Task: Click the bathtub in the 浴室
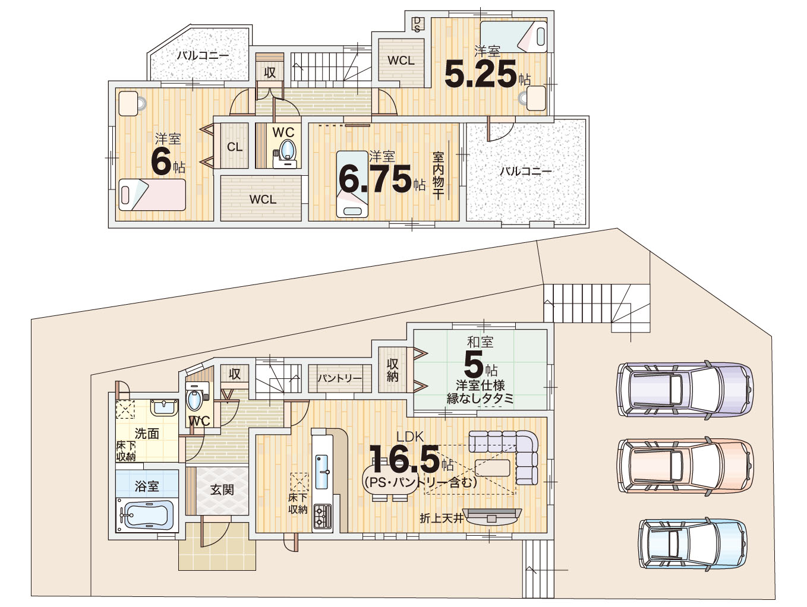[x=147, y=516]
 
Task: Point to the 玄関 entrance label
[x=222, y=490]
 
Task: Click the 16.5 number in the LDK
[x=404, y=459]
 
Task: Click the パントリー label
[x=340, y=378]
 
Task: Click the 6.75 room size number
[x=374, y=180]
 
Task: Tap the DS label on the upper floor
[x=417, y=24]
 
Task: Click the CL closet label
[x=235, y=147]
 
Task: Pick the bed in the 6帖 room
[x=152, y=195]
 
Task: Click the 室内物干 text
[x=438, y=176]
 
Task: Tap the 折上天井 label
[x=442, y=518]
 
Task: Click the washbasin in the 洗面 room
[x=164, y=408]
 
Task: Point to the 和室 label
[x=480, y=343]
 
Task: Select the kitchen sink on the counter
[x=321, y=472]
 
